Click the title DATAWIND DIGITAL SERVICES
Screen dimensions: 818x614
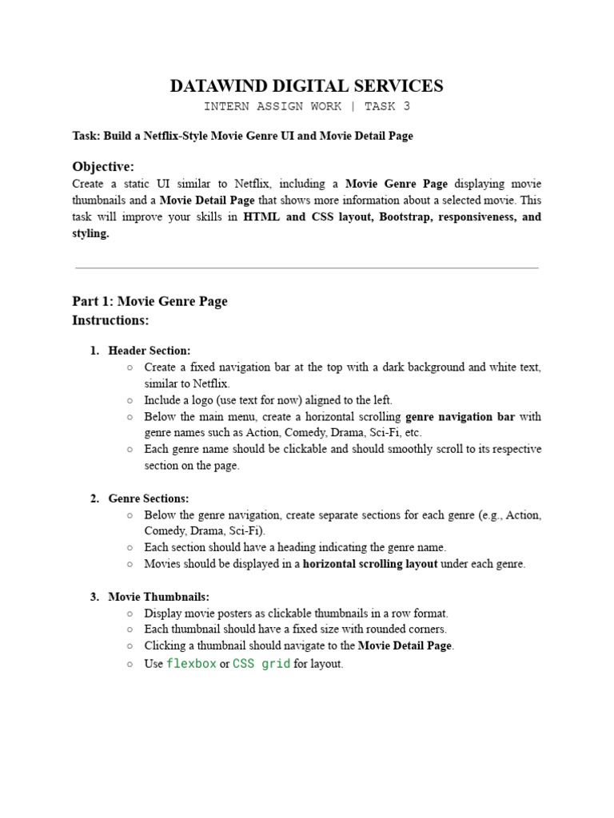pyautogui.click(x=306, y=86)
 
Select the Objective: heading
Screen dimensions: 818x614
pyautogui.click(x=103, y=166)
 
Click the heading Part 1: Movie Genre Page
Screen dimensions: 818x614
pyautogui.click(x=150, y=301)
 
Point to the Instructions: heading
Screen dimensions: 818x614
pyautogui.click(x=110, y=320)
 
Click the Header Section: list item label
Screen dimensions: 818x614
pyautogui.click(x=150, y=351)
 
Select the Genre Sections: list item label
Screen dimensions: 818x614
pyautogui.click(x=149, y=498)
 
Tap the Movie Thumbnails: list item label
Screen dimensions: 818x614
pyautogui.click(x=159, y=597)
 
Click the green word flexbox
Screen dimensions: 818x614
pyautogui.click(x=191, y=664)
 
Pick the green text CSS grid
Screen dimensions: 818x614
pyautogui.click(x=261, y=664)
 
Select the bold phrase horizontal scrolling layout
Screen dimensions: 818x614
pyautogui.click(x=370, y=564)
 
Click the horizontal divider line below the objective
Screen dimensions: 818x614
pyautogui.click(x=306, y=268)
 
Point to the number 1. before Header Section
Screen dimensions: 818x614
pyautogui.click(x=94, y=351)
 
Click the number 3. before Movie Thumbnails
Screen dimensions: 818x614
pyautogui.click(x=94, y=597)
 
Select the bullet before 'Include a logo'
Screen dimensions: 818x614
pyautogui.click(x=130, y=400)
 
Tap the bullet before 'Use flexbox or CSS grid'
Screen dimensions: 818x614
pyautogui.click(x=130, y=664)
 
